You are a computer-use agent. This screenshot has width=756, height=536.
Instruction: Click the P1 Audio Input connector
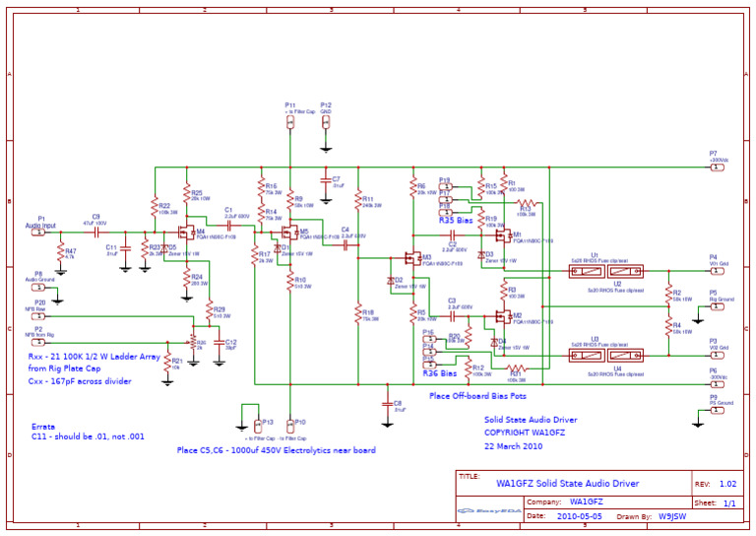(39, 233)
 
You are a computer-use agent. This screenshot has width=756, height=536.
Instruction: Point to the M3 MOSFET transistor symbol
(410, 259)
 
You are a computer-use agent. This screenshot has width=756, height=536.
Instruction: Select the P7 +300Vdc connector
(718, 167)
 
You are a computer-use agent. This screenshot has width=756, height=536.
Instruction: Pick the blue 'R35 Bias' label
(456, 221)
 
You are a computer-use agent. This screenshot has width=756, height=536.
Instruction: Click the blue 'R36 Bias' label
(440, 374)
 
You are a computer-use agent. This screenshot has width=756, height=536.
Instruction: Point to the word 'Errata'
(43, 426)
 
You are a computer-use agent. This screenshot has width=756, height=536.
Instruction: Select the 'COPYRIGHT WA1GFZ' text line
(524, 432)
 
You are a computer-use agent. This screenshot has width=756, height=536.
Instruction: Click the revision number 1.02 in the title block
(727, 484)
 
